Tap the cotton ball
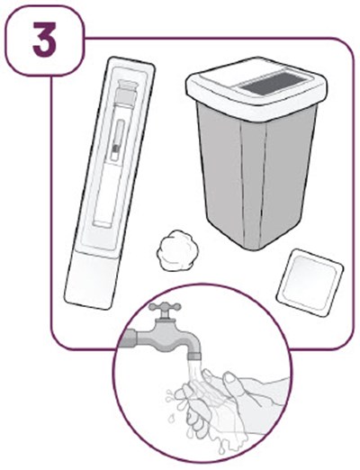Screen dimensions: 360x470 pyautogui.click(x=178, y=249)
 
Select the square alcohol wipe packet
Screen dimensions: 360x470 pyautogui.click(x=310, y=282)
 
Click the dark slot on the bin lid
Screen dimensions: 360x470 pyautogui.click(x=275, y=83)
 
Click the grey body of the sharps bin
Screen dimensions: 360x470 pyautogui.click(x=256, y=177)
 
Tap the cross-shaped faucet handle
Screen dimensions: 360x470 pyautogui.click(x=165, y=307)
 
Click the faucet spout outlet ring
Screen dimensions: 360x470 pyautogui.click(x=194, y=357)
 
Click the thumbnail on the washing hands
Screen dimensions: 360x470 pyautogui.click(x=230, y=378)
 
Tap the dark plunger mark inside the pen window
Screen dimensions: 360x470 pyautogui.click(x=115, y=148)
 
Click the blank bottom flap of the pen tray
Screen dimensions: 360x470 pyautogui.click(x=90, y=282)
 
